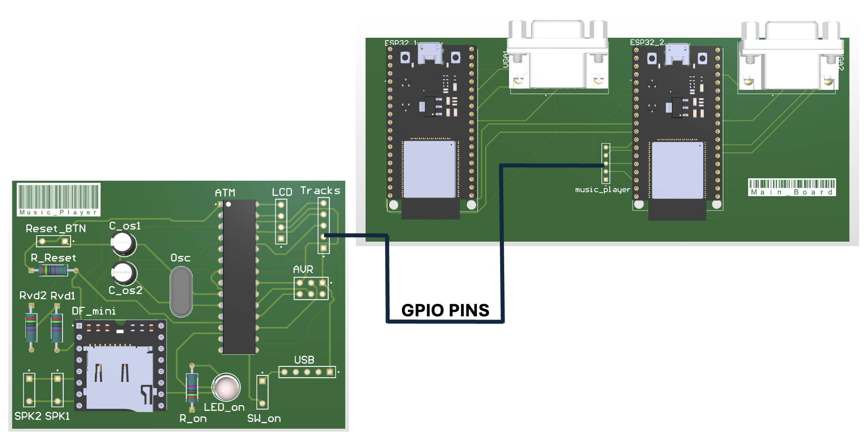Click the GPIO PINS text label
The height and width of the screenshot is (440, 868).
pos(445,310)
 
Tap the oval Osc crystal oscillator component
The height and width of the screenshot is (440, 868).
pos(181,291)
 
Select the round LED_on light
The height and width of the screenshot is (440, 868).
pos(226,388)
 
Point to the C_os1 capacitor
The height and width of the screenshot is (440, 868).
pos(124,243)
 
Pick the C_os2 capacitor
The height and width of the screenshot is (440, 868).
pos(124,273)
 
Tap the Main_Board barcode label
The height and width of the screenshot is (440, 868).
pos(792,187)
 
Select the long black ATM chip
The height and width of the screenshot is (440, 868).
pos(239,277)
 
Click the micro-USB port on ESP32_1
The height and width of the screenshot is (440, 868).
pos(430,53)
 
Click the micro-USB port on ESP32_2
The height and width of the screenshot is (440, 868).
pos(677,54)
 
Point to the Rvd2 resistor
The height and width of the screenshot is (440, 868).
pos(31,328)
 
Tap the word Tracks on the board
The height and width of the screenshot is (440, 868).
pos(320,190)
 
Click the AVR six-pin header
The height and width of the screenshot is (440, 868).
pos(311,288)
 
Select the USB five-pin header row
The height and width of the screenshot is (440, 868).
pos(307,372)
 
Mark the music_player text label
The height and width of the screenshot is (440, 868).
pos(602,189)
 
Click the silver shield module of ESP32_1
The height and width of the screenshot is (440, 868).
pos(429,169)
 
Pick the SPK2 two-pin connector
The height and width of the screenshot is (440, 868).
pos(29,389)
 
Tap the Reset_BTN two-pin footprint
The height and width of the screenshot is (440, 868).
pos(53,241)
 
